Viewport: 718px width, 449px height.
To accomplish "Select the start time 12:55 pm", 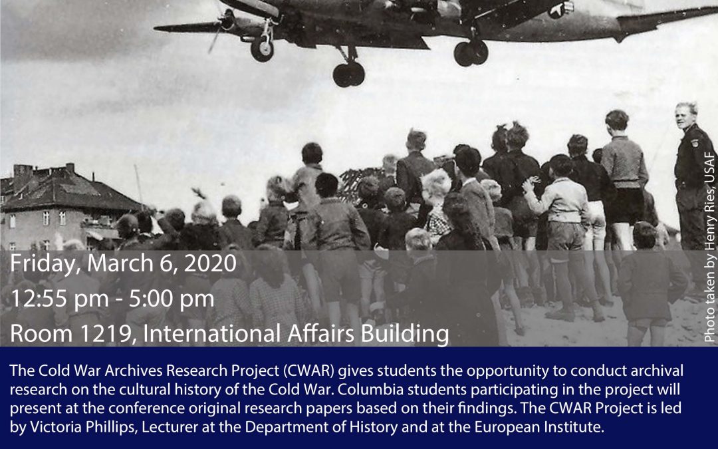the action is click(x=60, y=299).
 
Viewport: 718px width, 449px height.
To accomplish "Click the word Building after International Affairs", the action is click(x=405, y=334).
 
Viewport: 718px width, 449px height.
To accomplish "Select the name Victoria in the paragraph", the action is click(x=56, y=427).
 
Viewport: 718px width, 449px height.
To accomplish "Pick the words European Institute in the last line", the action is click(x=539, y=428).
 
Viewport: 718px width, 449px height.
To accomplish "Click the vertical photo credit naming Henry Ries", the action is click(x=709, y=247).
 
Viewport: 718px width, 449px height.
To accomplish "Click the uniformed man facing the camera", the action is click(x=693, y=176).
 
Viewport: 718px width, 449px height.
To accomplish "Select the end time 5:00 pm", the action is click(x=172, y=299).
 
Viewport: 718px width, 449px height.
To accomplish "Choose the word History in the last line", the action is click(x=374, y=428).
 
